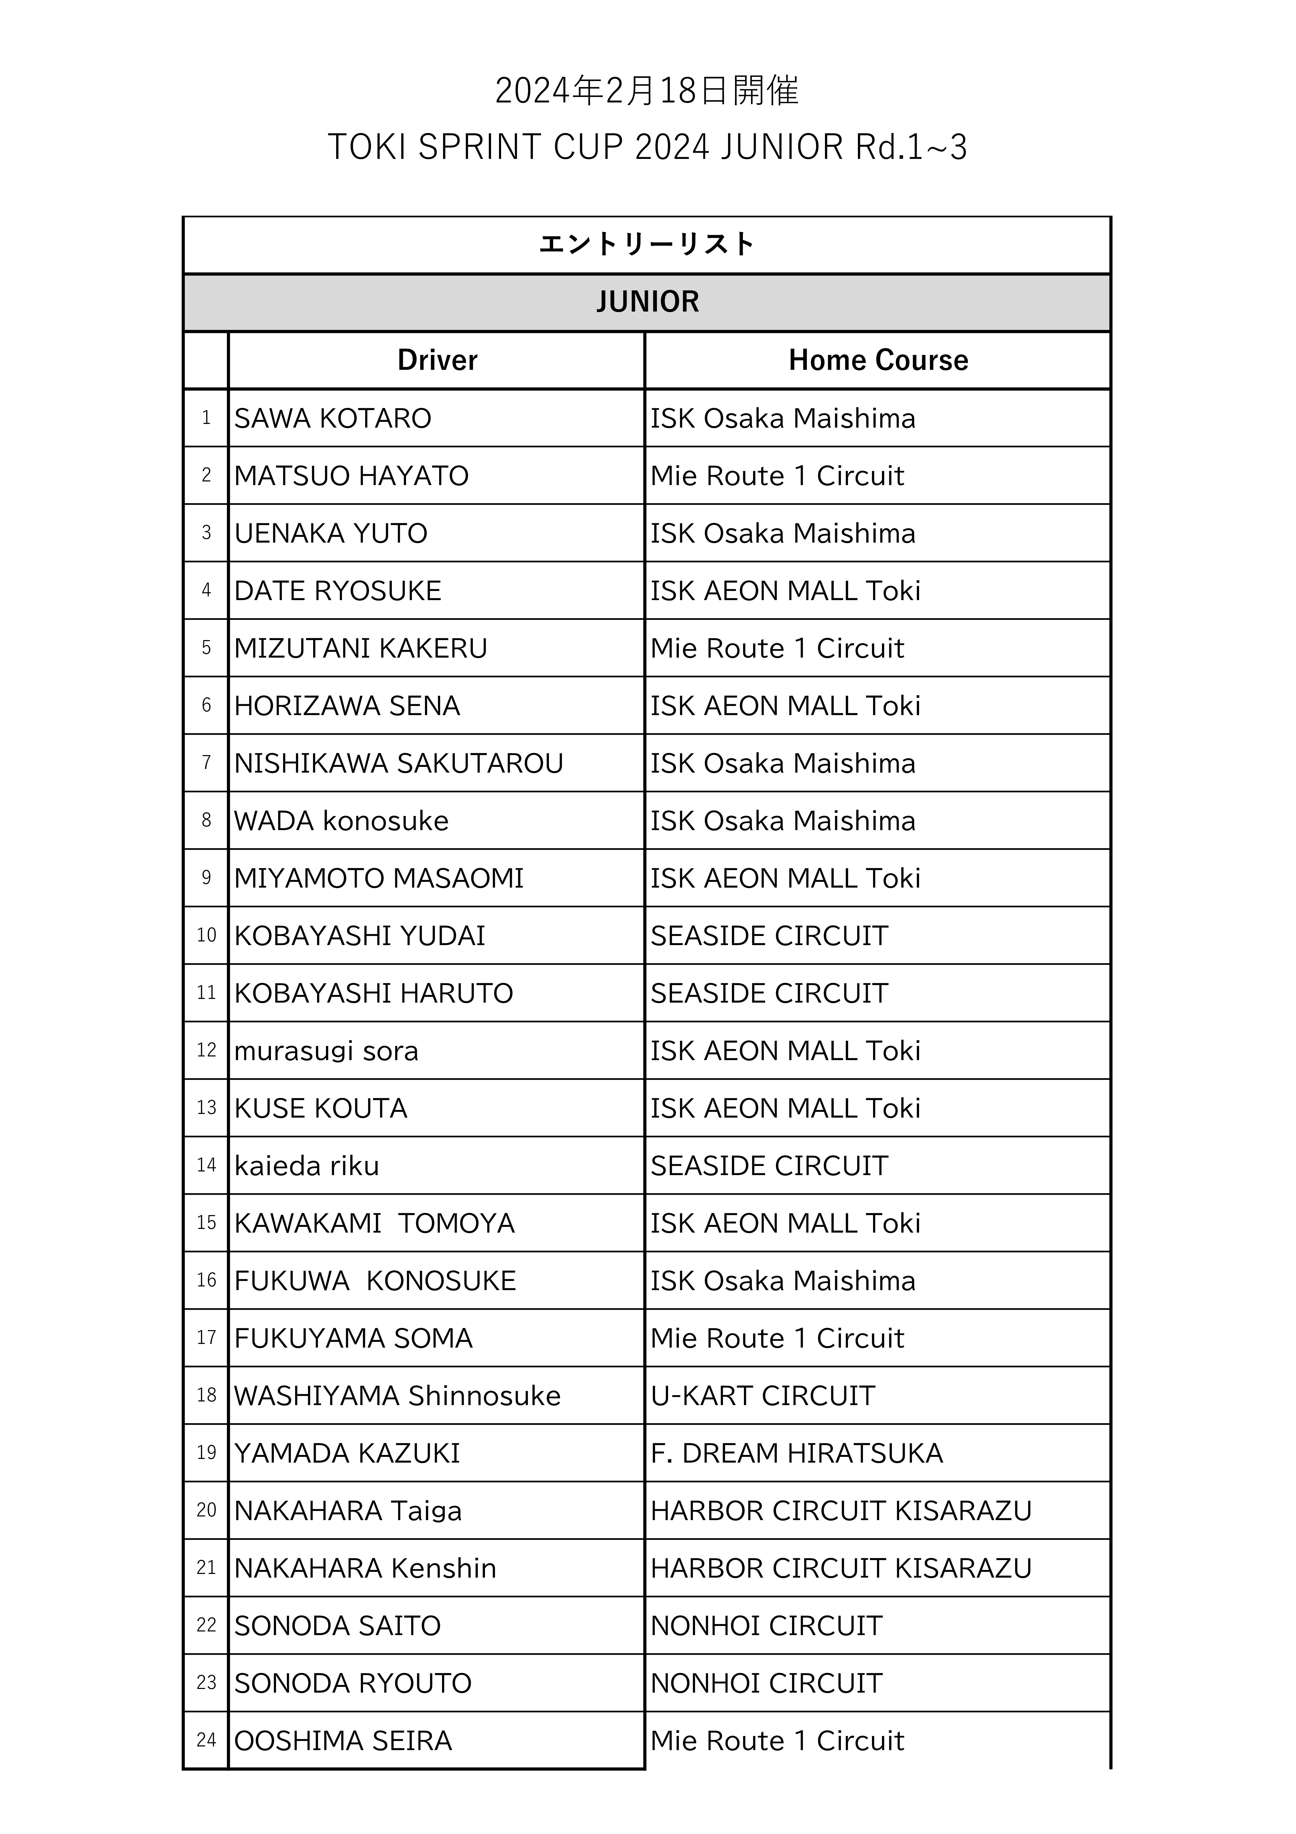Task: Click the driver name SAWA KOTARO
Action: (332, 418)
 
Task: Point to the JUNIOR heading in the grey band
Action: (647, 302)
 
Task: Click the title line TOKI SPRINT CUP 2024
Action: (647, 147)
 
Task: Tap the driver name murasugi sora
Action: (326, 1051)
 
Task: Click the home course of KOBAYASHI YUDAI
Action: (769, 936)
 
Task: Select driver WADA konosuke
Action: (341, 821)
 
